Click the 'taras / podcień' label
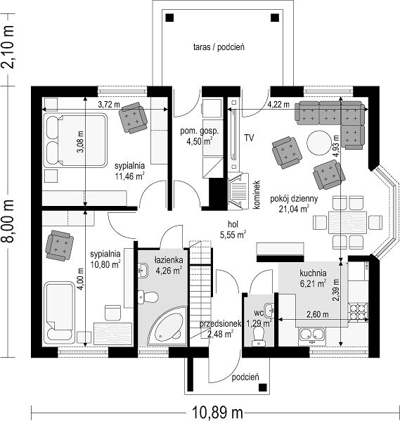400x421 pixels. [x=219, y=47]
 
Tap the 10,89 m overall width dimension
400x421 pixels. [x=217, y=413]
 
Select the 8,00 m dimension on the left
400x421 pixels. [x=8, y=221]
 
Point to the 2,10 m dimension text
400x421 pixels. [x=8, y=47]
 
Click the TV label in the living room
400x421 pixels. [x=249, y=138]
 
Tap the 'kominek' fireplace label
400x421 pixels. [x=257, y=195]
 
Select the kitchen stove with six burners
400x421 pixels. [x=358, y=312]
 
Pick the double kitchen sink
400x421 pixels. [x=312, y=335]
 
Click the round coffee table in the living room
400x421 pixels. [x=319, y=142]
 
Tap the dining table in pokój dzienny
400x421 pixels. [x=347, y=223]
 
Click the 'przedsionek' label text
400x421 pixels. [x=220, y=324]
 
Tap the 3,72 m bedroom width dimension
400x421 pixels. [x=109, y=105]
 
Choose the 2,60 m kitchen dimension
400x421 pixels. [x=318, y=314]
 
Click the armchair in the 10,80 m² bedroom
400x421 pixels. [x=59, y=245]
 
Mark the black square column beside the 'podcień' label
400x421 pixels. [x=262, y=387]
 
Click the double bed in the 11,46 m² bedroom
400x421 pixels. [x=75, y=141]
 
